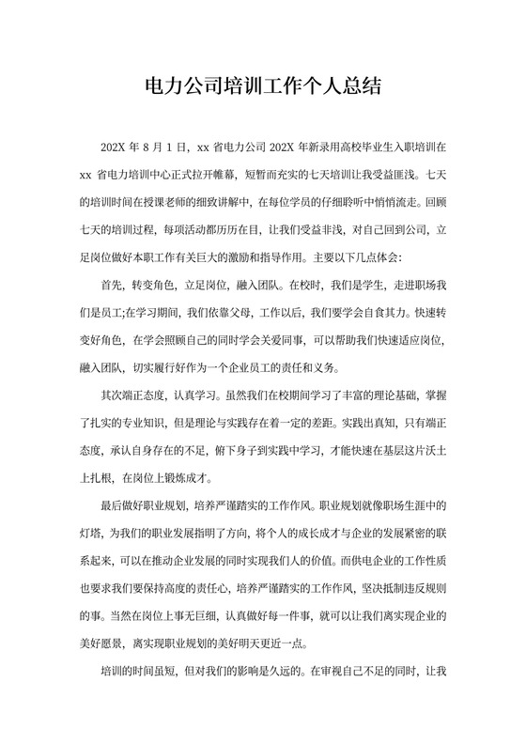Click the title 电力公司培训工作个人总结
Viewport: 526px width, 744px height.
coord(263,88)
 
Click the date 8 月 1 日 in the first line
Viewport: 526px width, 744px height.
coord(163,147)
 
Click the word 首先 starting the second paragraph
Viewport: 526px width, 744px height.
coord(111,284)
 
